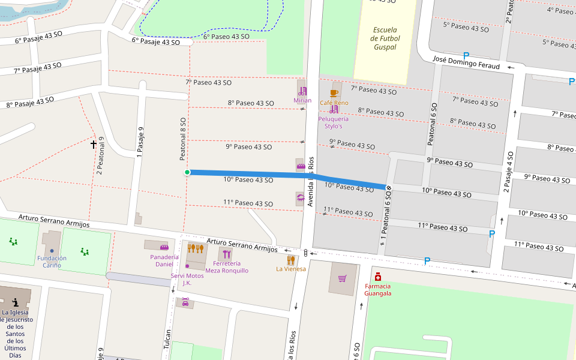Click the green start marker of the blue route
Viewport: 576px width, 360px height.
pyautogui.click(x=187, y=172)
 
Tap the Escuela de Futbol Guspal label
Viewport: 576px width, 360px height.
pyautogui.click(x=385, y=38)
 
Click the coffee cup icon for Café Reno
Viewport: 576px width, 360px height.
pyautogui.click(x=334, y=93)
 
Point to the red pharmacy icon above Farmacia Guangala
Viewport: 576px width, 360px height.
pyautogui.click(x=378, y=277)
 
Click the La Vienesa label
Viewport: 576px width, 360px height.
pyautogui.click(x=291, y=269)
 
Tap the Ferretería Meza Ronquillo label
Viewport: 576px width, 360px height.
pyautogui.click(x=227, y=267)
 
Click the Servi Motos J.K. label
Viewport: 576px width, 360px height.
pyautogui.click(x=187, y=279)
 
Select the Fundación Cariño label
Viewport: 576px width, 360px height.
pyautogui.click(x=52, y=262)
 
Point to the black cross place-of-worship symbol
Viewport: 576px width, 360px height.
pyautogui.click(x=94, y=144)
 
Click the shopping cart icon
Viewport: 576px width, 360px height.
pyautogui.click(x=342, y=278)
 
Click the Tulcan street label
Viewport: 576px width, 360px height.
pyautogui.click(x=167, y=340)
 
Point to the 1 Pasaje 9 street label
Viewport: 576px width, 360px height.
pyautogui.click(x=140, y=142)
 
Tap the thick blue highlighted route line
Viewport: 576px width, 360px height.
pyautogui.click(x=270, y=175)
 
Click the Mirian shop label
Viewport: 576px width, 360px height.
pyautogui.click(x=302, y=100)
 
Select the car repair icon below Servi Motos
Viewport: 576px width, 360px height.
pyautogui.click(x=185, y=302)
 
